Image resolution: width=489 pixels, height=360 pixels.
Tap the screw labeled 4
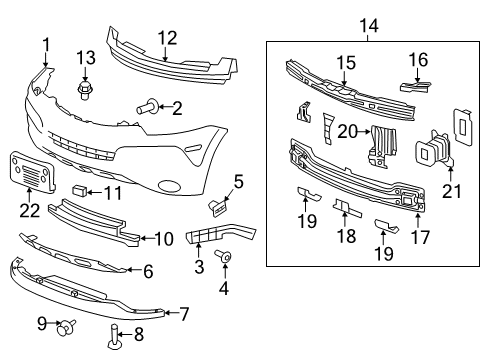tap(225, 258)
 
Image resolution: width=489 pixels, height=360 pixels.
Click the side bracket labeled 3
tap(205, 238)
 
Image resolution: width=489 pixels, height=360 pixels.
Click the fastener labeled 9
tap(67, 326)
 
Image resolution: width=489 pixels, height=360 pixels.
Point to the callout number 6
tap(147, 270)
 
